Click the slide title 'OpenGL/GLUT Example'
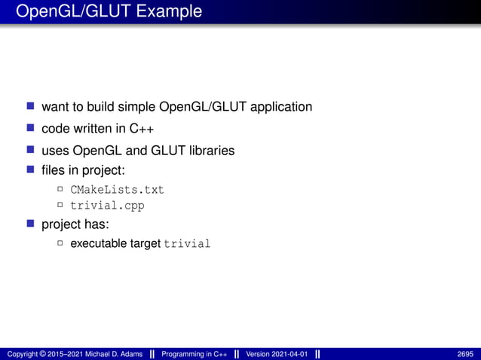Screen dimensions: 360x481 (x=109, y=12)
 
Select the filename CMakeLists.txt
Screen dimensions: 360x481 (x=117, y=189)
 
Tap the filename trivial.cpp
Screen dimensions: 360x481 (x=107, y=205)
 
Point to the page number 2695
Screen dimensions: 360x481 (x=466, y=354)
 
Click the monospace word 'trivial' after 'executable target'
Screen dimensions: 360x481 (x=187, y=244)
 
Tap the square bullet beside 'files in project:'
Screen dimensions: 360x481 (x=31, y=170)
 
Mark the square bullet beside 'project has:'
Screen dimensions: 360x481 (x=31, y=224)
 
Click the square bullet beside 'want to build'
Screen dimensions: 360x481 (x=31, y=106)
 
